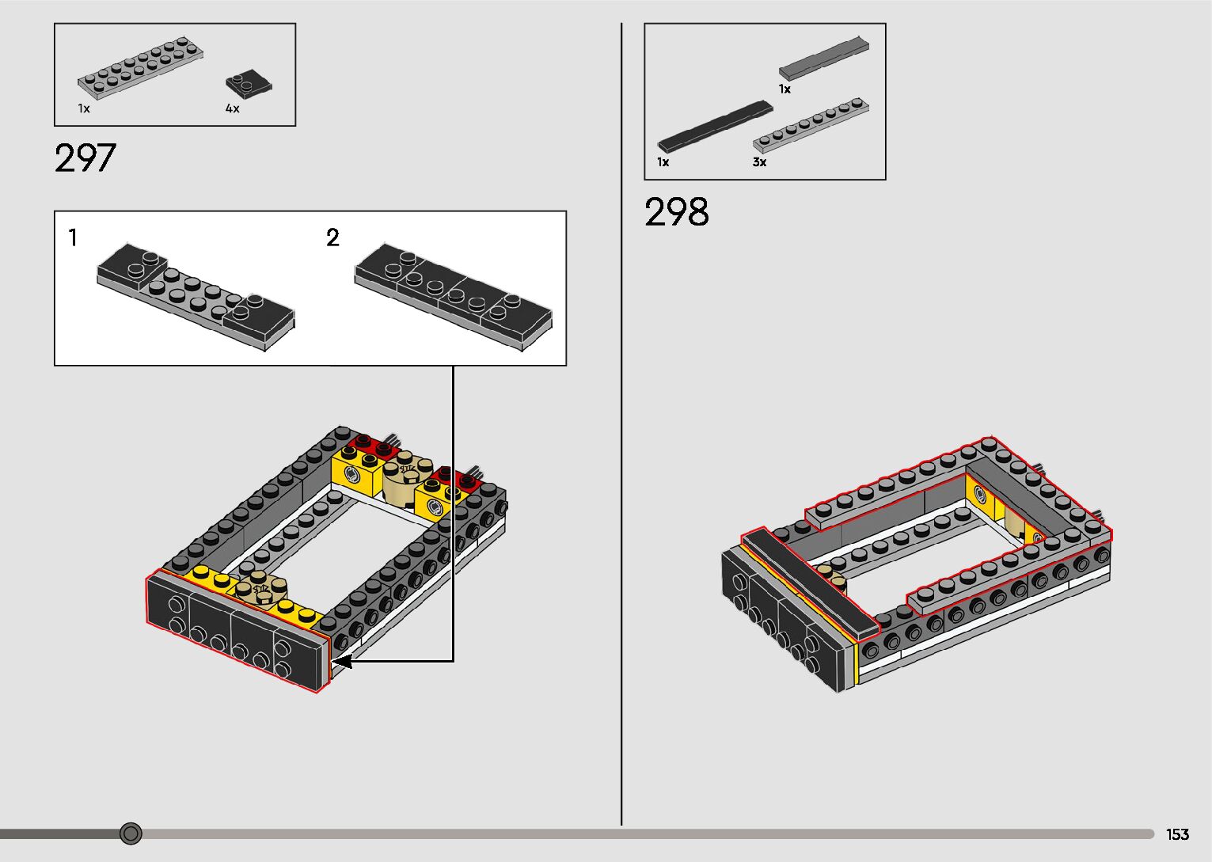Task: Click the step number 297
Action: (85, 158)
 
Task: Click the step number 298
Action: (676, 211)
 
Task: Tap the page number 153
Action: (1177, 834)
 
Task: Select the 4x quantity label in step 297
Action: (232, 108)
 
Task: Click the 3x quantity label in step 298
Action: (759, 161)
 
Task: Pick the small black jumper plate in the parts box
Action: (249, 84)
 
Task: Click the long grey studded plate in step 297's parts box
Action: (140, 67)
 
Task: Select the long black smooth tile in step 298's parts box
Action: (715, 126)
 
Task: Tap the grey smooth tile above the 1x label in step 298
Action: (823, 58)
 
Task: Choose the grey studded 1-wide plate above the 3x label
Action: (811, 125)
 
